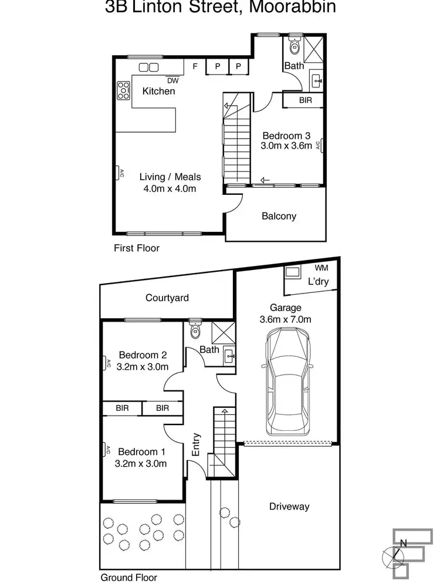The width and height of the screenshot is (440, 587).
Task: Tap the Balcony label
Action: pos(279,216)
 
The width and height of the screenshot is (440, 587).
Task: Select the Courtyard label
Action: pos(167,298)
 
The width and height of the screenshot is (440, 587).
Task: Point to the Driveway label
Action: pos(289,507)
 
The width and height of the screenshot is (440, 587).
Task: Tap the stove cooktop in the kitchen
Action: pos(123,90)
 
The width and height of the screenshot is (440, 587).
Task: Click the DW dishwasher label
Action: pos(172,81)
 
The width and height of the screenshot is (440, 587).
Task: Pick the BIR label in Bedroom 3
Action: pos(305,101)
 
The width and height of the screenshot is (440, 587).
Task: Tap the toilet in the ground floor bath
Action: pos(196,332)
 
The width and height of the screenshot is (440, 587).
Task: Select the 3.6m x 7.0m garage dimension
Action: pos(286,319)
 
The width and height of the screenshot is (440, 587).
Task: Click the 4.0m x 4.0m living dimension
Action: pos(170,188)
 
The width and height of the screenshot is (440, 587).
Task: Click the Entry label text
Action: pos(197,445)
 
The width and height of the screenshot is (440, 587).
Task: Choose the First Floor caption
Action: pos(137,248)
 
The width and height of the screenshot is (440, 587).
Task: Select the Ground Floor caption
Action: pos(129,578)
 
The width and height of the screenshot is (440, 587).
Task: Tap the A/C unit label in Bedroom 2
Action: pos(109,363)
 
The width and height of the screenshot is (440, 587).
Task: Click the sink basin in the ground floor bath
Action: pos(230,355)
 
